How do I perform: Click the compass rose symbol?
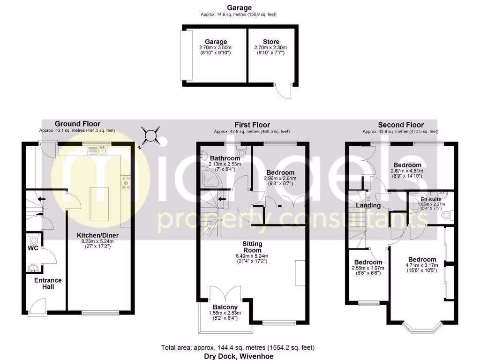151,136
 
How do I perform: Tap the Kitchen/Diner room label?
98,235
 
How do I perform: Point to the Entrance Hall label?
47,283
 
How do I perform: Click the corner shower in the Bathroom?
205,176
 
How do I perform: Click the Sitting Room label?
252,247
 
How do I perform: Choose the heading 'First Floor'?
252,125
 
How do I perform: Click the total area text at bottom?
238,348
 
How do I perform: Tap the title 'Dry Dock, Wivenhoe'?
238,355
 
